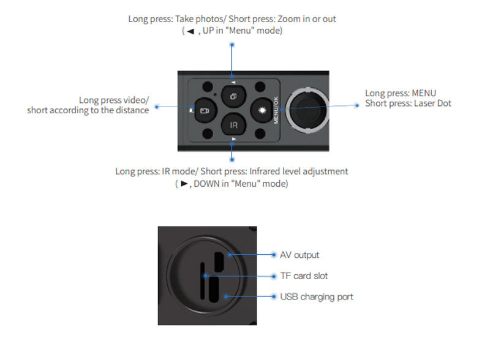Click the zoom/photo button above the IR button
(x=233, y=96)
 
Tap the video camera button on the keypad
(x=206, y=110)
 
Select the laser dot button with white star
(x=262, y=110)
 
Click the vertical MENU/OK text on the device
(x=276, y=110)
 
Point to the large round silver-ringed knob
(x=307, y=110)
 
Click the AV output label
(x=300, y=255)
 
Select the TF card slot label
(x=304, y=276)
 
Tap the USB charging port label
(x=317, y=296)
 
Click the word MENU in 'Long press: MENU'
(x=424, y=93)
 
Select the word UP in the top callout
(x=208, y=31)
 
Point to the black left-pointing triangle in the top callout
(x=190, y=31)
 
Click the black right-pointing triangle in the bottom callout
(x=184, y=184)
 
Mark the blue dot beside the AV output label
(x=274, y=255)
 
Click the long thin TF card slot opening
(x=203, y=280)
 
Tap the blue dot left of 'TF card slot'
(x=274, y=276)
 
